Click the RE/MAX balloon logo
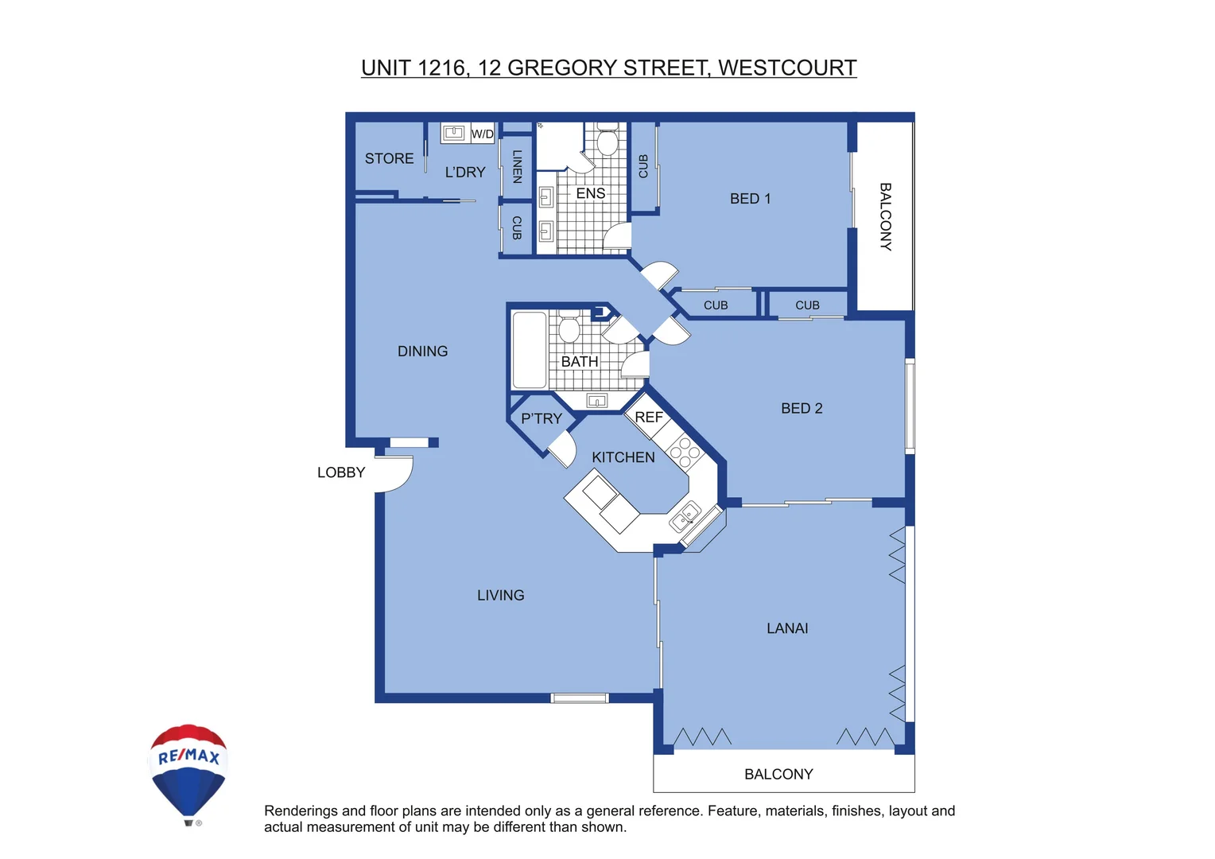(x=188, y=772)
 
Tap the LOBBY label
(x=341, y=472)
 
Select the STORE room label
(x=389, y=158)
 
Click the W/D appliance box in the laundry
(x=482, y=134)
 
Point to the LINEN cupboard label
(x=517, y=167)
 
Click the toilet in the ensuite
(x=607, y=141)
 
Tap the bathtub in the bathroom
(x=529, y=350)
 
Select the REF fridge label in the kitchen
(x=648, y=418)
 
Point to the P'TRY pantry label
(x=541, y=418)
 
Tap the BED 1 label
(x=750, y=199)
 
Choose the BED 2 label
(x=802, y=408)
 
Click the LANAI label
(x=787, y=628)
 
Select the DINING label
(x=422, y=351)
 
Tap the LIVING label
(x=500, y=595)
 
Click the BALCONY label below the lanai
(x=778, y=774)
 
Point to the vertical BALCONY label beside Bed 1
(x=885, y=216)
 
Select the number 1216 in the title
(x=441, y=68)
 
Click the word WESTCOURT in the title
(x=787, y=68)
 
